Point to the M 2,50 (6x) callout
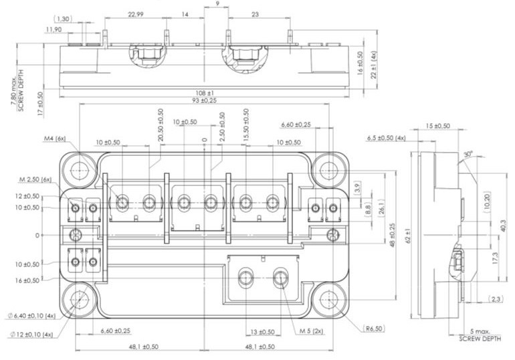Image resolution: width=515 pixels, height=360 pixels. point(35,179)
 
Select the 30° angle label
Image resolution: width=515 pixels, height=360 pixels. point(468,153)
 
